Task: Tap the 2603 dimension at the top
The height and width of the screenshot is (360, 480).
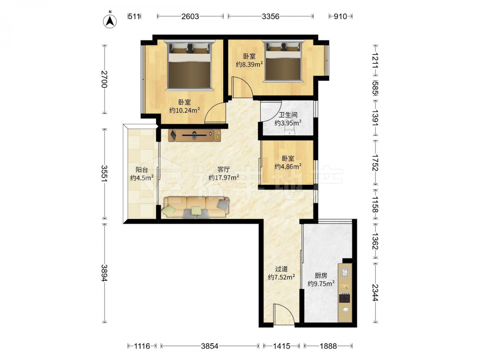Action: click(x=190, y=16)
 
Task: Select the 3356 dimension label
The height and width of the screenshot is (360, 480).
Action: click(x=271, y=16)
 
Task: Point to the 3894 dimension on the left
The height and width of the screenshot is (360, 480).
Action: click(x=104, y=273)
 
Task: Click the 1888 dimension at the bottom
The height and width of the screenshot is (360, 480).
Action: click(x=328, y=346)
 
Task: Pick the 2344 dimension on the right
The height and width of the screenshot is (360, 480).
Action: click(x=375, y=292)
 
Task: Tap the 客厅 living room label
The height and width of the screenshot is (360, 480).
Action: click(x=224, y=169)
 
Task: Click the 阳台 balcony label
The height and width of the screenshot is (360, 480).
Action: click(x=142, y=170)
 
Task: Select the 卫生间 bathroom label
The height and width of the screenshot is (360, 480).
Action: click(x=288, y=115)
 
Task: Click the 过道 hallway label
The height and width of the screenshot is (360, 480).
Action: click(x=281, y=269)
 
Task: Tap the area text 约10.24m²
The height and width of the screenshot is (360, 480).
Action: click(x=185, y=110)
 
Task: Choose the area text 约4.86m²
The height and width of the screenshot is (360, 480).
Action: click(x=288, y=167)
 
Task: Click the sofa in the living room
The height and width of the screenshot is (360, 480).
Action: click(x=196, y=207)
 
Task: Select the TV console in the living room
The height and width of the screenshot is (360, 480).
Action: click(x=194, y=135)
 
